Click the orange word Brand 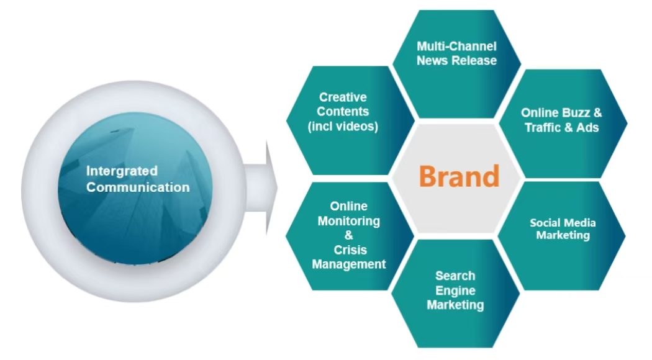[458, 176]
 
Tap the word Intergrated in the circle [122, 171]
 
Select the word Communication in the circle [138, 187]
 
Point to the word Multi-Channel [456, 47]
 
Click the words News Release [456, 61]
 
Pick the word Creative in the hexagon [343, 97]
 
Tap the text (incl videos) [343, 127]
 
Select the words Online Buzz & [561, 113]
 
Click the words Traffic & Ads [561, 128]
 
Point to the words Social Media [563, 222]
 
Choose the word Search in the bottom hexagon [455, 276]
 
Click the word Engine [455, 290]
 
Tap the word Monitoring [348, 221]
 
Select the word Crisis [348, 250]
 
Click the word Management [348, 264]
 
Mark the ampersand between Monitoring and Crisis [348, 236]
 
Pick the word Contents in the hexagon [343, 112]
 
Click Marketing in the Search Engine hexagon [455, 305]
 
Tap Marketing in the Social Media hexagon [563, 236]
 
